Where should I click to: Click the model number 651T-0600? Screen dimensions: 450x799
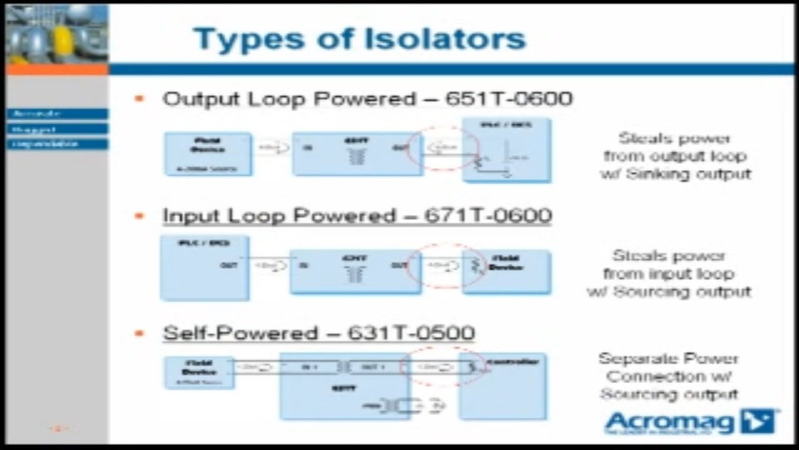pyautogui.click(x=509, y=99)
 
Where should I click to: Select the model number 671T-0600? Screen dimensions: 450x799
pyautogui.click(x=488, y=216)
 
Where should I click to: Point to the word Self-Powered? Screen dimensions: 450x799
pyautogui.click(x=238, y=332)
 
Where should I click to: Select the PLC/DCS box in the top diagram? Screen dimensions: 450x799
pyautogui.click(x=506, y=150)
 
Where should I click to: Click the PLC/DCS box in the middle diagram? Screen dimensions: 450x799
pyautogui.click(x=205, y=267)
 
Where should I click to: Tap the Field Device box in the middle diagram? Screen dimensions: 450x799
pyautogui.click(x=506, y=271)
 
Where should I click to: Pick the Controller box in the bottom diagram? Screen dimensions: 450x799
pyautogui.click(x=502, y=386)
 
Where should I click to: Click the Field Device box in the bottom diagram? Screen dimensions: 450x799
pyautogui.click(x=199, y=372)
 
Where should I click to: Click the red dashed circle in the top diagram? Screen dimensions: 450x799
pyautogui.click(x=443, y=150)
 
